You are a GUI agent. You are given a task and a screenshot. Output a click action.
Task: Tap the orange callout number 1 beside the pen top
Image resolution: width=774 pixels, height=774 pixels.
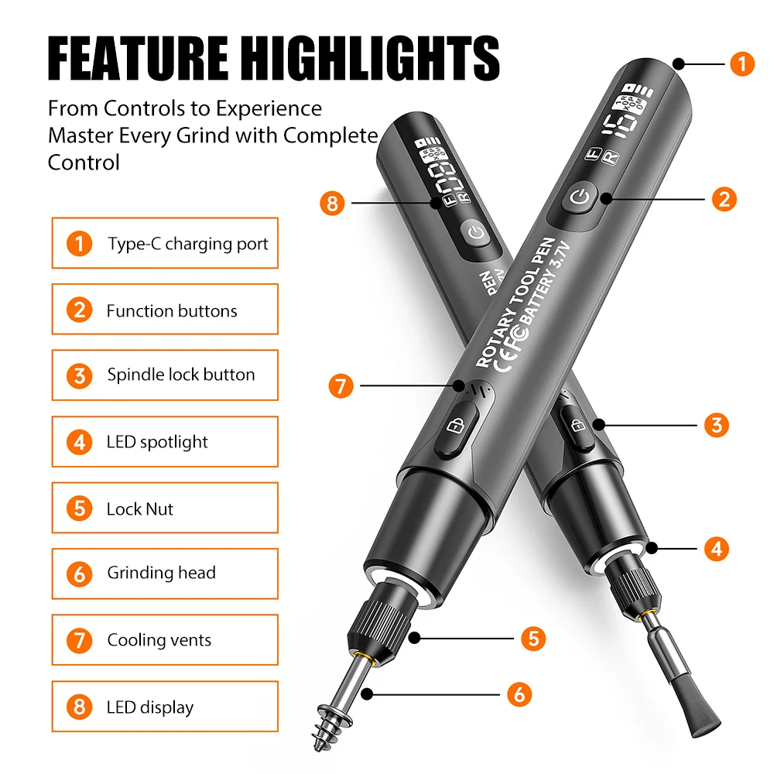tap(742, 63)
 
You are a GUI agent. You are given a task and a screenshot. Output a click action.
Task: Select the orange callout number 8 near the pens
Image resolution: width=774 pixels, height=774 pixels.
tap(332, 203)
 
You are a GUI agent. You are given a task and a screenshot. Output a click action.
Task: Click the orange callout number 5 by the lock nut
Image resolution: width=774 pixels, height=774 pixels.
tap(533, 639)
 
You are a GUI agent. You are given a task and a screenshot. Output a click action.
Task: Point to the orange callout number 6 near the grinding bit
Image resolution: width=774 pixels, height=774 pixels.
tap(519, 694)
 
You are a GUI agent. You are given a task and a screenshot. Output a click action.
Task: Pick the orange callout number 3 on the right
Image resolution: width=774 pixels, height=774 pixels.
tap(716, 425)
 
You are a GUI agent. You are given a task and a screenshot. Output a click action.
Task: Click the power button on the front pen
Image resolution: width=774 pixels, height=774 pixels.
tap(580, 198)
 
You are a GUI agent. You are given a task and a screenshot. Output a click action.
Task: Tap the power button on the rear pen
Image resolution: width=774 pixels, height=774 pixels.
tap(476, 232)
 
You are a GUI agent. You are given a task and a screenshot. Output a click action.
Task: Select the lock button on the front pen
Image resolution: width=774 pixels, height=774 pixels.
tap(456, 427)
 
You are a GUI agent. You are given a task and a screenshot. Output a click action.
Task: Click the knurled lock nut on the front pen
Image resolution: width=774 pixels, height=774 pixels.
tap(379, 625)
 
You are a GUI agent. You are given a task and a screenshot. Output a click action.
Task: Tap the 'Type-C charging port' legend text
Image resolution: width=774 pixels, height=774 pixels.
tap(188, 244)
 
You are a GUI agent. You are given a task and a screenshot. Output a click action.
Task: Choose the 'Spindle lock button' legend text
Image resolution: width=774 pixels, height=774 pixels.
tap(181, 375)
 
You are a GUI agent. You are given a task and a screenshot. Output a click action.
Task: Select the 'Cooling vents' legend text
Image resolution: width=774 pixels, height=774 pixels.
tap(159, 640)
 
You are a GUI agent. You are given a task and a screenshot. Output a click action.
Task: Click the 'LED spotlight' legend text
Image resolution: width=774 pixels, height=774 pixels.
tap(157, 442)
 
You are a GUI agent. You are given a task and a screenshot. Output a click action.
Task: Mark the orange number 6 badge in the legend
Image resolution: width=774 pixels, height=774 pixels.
tap(80, 574)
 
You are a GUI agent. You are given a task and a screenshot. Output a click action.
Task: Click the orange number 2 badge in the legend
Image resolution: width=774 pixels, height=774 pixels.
tap(80, 310)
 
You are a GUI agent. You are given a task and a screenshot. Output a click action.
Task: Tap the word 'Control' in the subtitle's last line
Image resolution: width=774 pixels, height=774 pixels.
tap(84, 163)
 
